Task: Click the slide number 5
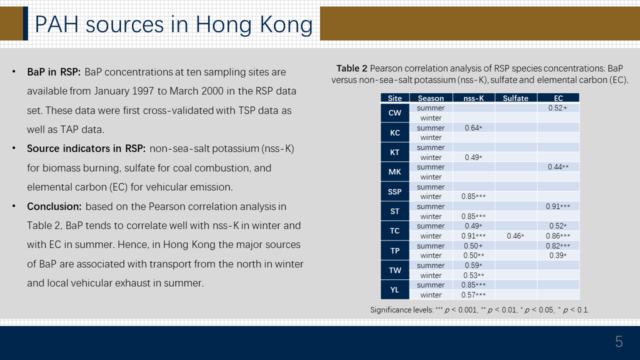[619, 341]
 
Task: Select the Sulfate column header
[515, 98]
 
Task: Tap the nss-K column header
[473, 98]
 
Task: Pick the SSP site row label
[395, 191]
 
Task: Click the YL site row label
[395, 289]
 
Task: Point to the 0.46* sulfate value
[515, 236]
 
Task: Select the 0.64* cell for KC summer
[473, 127]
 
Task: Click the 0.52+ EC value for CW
[557, 108]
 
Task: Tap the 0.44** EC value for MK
[558, 167]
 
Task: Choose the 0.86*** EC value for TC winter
[558, 236]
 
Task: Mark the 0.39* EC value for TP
[558, 255]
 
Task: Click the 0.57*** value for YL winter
[473, 295]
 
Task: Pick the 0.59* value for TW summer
[473, 265]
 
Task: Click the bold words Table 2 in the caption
[351, 68]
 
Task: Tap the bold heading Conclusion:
[54, 206]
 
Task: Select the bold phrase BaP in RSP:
[54, 72]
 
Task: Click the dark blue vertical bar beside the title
[25, 23]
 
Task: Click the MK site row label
[395, 172]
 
